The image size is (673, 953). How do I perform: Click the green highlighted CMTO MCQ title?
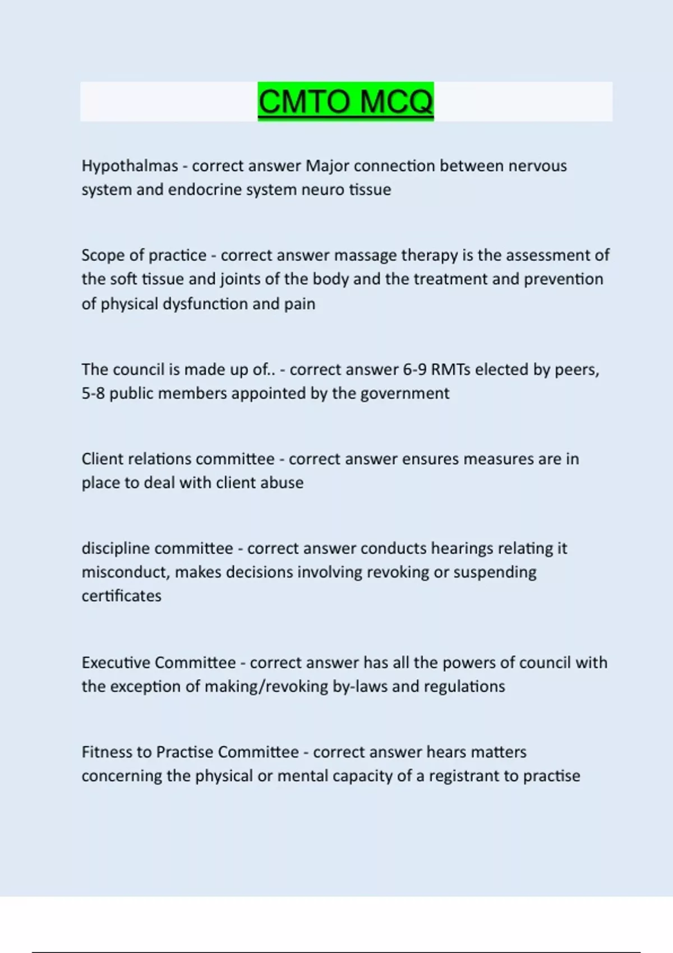click(x=345, y=102)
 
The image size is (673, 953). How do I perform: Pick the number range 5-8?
click(x=93, y=394)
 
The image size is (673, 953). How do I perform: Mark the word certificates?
click(x=121, y=596)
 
